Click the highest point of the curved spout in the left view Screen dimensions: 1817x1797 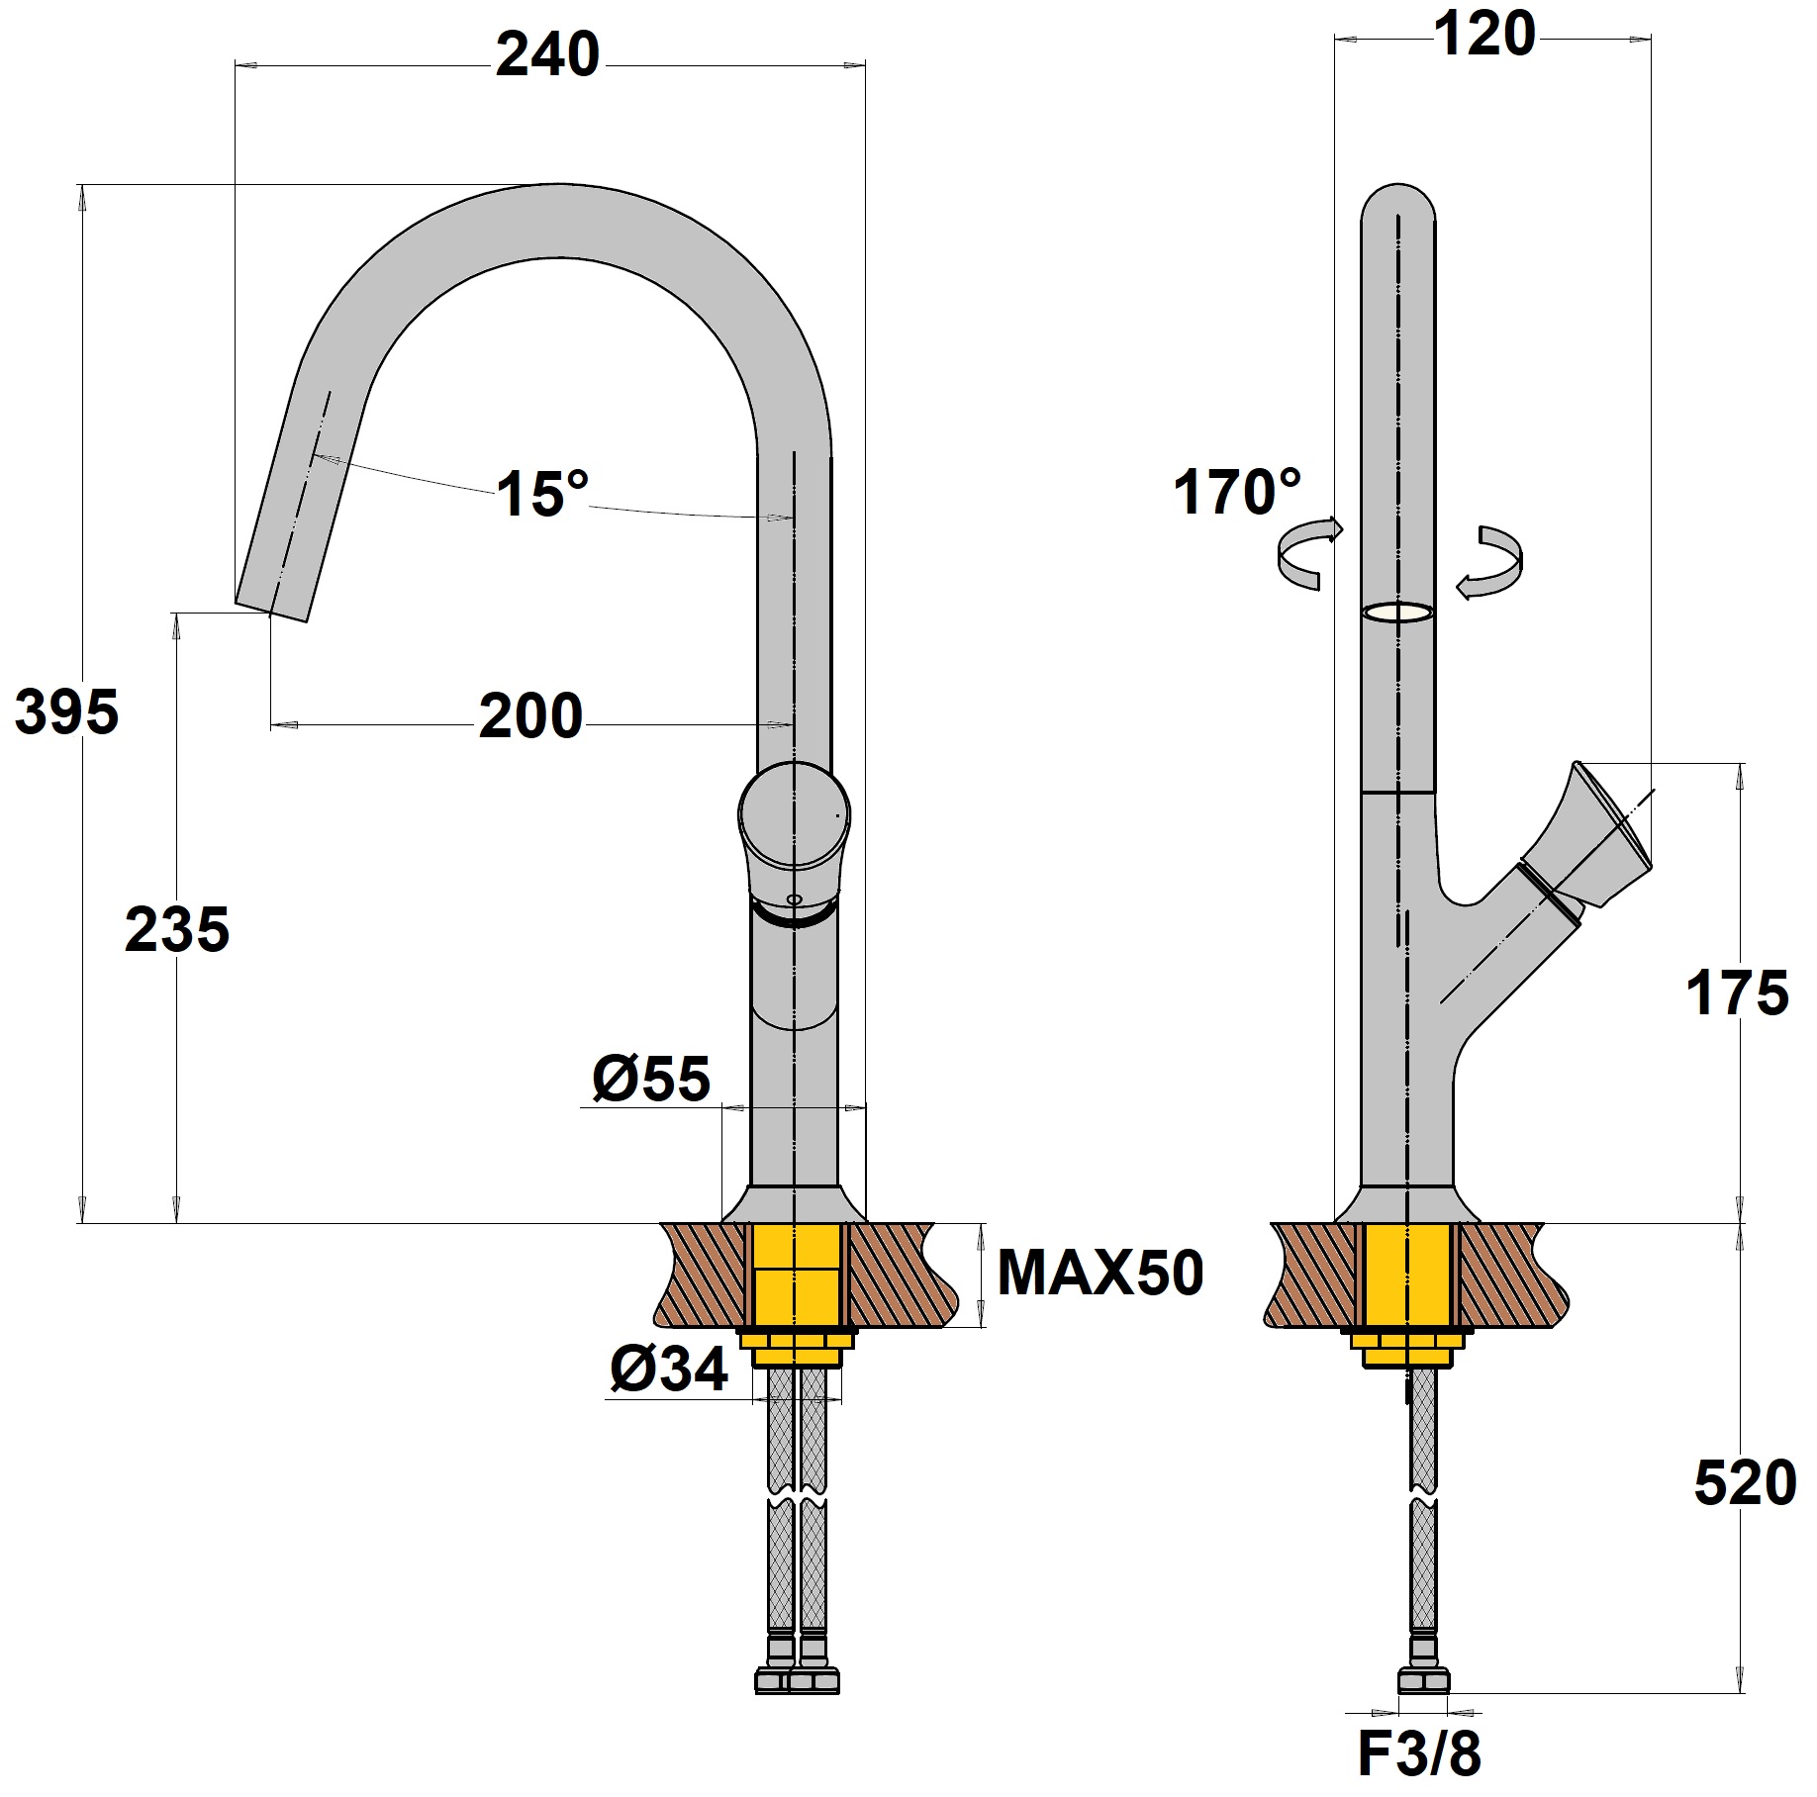tap(560, 185)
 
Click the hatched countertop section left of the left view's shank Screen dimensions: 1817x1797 tap(702, 1275)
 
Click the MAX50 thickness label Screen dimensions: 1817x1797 tap(1100, 1274)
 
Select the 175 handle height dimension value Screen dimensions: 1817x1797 tap(1737, 993)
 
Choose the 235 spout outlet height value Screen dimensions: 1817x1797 tap(177, 930)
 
